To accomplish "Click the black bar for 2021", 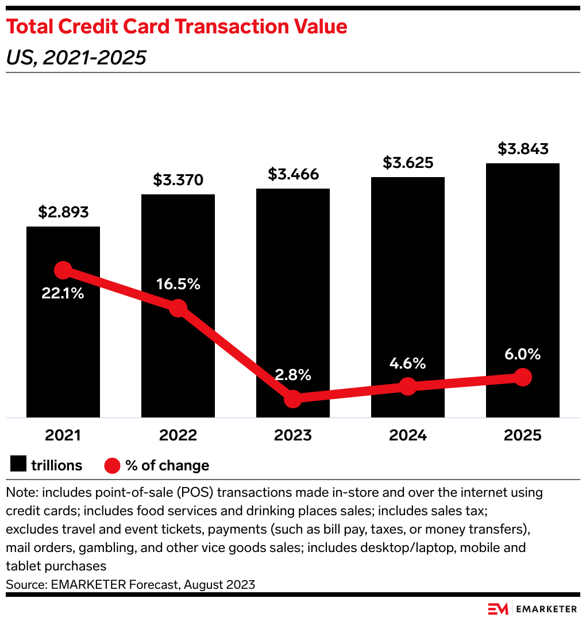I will [63, 345].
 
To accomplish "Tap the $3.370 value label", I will [178, 180].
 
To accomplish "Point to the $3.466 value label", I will [293, 174].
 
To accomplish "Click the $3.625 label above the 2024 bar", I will [408, 163].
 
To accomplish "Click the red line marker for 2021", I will [63, 270].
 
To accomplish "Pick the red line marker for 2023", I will [293, 398].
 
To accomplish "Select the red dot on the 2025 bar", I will [523, 377].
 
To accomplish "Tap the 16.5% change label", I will [178, 284].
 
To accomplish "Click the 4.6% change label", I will [408, 363].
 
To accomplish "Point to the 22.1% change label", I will [63, 293].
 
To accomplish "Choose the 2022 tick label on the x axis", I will [178, 435].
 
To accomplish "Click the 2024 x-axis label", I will [408, 435].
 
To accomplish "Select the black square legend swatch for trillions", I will [18, 465].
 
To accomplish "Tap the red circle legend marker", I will [112, 465].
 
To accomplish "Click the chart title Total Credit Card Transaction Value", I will [176, 26].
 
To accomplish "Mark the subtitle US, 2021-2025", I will [76, 57].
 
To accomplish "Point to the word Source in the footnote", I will [22, 584].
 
